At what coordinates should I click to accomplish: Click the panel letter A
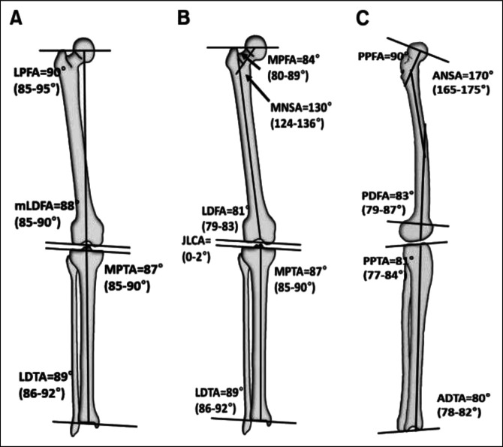(15, 17)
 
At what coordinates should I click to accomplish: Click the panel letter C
(363, 17)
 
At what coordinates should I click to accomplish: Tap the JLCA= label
(198, 241)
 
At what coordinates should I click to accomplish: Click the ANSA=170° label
(463, 75)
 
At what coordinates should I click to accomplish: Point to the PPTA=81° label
(387, 260)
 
